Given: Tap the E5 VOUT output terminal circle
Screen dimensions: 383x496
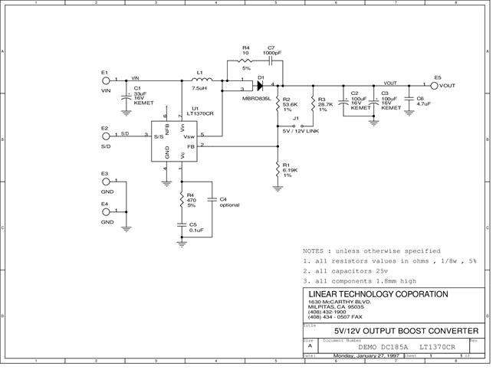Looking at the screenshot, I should pyautogui.click(x=435, y=86).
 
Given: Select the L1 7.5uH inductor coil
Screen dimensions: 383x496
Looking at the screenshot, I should pyautogui.click(x=200, y=80).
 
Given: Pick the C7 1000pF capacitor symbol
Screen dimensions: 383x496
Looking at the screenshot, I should pyautogui.click(x=271, y=61).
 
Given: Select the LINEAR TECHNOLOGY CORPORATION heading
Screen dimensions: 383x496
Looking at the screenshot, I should pyautogui.click(x=378, y=294).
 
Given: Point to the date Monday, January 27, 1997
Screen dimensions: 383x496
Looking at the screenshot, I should pyautogui.click(x=364, y=356).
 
